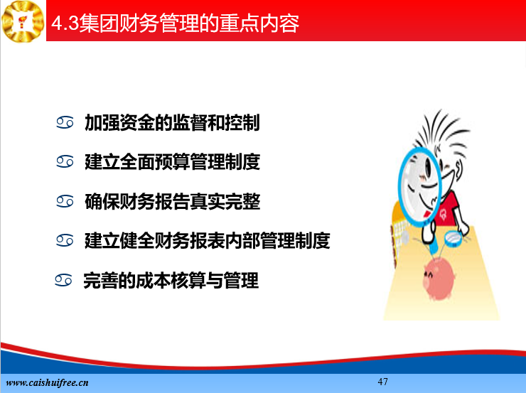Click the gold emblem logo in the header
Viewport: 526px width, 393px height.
point(23,21)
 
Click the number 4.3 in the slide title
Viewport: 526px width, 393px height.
point(65,23)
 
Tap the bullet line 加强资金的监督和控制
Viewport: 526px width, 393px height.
point(172,123)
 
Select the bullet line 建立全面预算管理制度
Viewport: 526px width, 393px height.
point(173,162)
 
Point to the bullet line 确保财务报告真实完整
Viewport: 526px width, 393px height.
point(173,202)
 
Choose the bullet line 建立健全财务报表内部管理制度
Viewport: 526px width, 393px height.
point(208,241)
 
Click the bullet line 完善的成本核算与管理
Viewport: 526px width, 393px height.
point(171,280)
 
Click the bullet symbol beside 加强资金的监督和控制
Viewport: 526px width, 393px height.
point(65,122)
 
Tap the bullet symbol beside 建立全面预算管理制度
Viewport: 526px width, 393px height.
point(65,161)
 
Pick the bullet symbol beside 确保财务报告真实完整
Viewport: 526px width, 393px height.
point(65,201)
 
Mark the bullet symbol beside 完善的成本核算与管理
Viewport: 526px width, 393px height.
point(63,280)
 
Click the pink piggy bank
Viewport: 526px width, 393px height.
point(439,279)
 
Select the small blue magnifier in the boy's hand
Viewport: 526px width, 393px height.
point(453,238)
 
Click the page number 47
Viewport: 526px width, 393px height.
point(382,382)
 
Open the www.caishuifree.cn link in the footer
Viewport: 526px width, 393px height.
point(48,382)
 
